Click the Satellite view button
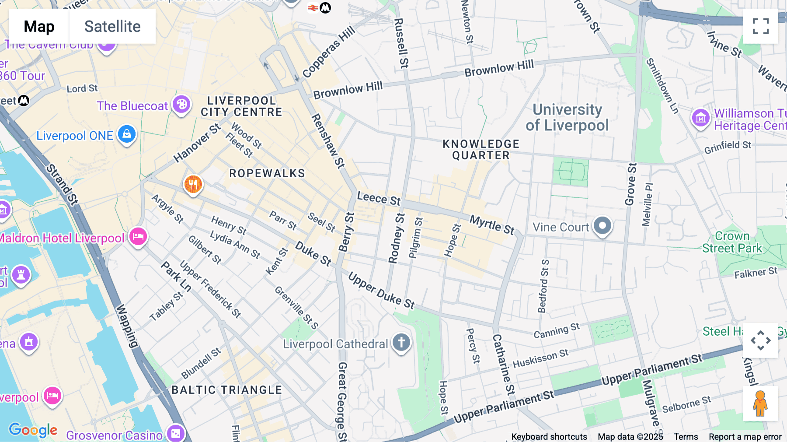click(112, 26)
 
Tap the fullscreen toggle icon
click(760, 26)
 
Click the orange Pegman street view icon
click(760, 403)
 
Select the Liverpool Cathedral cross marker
click(401, 342)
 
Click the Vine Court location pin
click(602, 226)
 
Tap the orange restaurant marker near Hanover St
click(193, 184)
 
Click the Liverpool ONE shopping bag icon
click(127, 134)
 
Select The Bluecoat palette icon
click(181, 105)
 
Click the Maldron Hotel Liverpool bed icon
click(138, 237)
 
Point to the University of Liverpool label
click(567, 117)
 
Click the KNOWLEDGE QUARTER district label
click(481, 150)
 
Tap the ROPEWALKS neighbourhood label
click(267, 173)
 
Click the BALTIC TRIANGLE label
click(226, 390)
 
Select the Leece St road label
click(379, 198)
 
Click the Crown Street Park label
click(732, 242)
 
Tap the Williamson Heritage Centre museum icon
click(700, 118)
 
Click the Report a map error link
click(745, 437)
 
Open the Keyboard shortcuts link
click(549, 437)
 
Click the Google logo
click(33, 430)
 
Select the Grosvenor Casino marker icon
click(176, 433)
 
